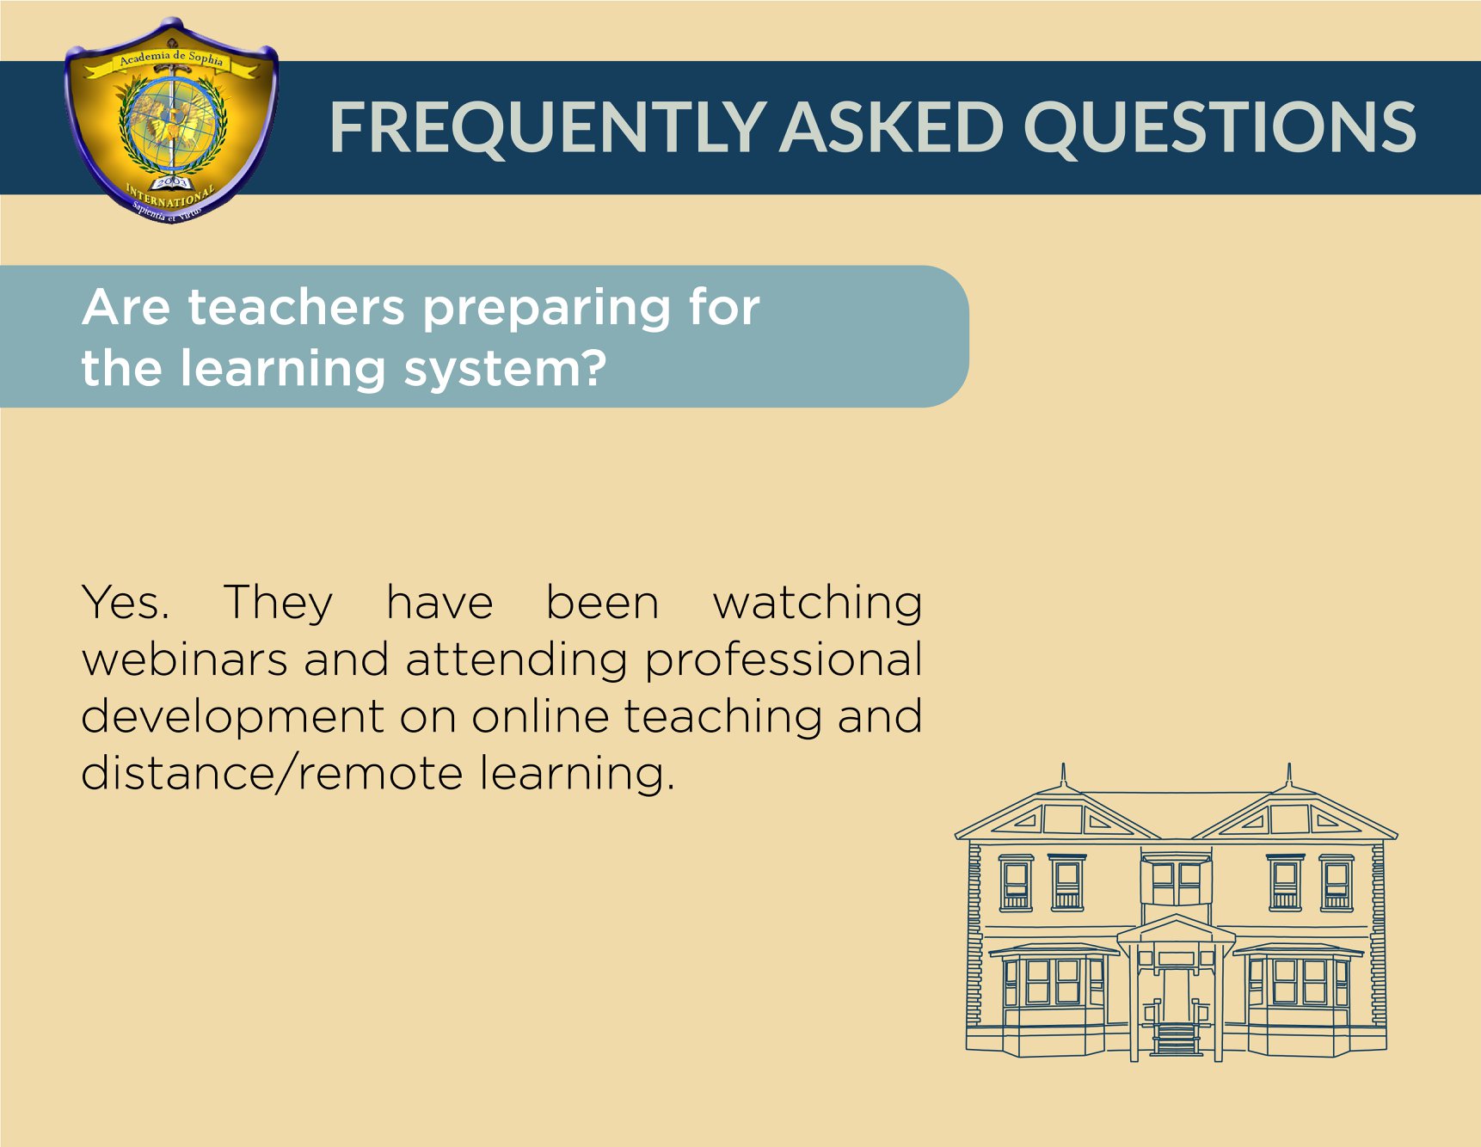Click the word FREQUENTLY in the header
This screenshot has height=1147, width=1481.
(548, 127)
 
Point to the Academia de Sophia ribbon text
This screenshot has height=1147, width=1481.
(171, 58)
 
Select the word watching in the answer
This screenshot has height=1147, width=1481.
(817, 604)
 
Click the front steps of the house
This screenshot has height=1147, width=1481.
(1176, 1038)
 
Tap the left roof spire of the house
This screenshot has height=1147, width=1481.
(1064, 775)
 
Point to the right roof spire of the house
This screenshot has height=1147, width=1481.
(1288, 775)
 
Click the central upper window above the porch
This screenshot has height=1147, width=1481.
(1176, 880)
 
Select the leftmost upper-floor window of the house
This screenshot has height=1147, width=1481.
(1016, 883)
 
